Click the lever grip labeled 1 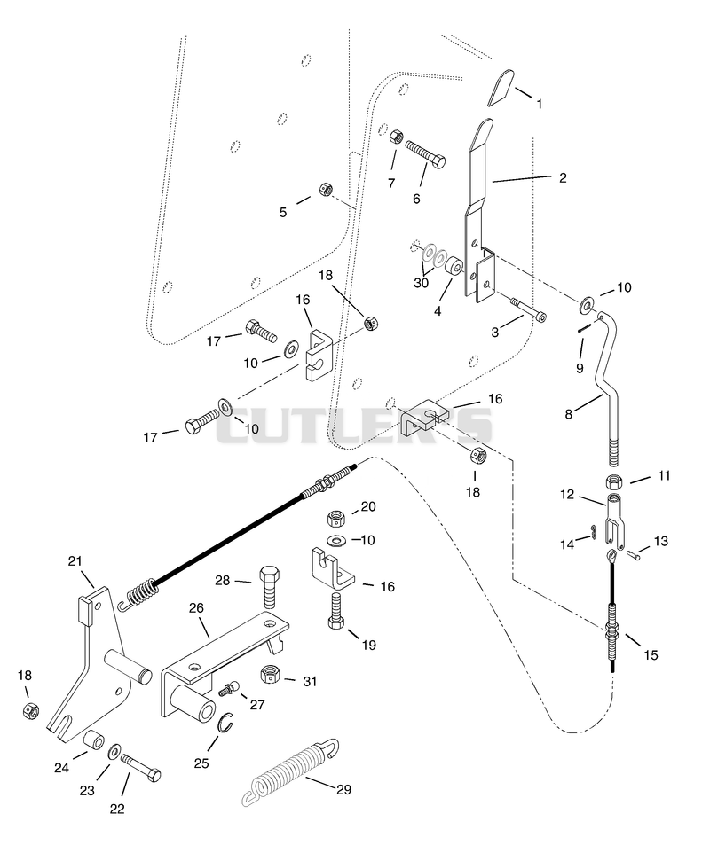coord(501,87)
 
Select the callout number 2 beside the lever coord(563,178)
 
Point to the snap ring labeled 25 coord(226,724)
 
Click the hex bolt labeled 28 coord(271,588)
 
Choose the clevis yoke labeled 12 coord(614,521)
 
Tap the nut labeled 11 coord(613,482)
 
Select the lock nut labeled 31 coord(271,674)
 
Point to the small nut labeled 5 coord(326,190)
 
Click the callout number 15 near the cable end coord(651,655)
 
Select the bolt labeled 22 coord(140,767)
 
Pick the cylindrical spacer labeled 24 coord(93,740)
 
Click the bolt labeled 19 coord(337,612)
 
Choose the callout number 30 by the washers coord(421,283)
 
